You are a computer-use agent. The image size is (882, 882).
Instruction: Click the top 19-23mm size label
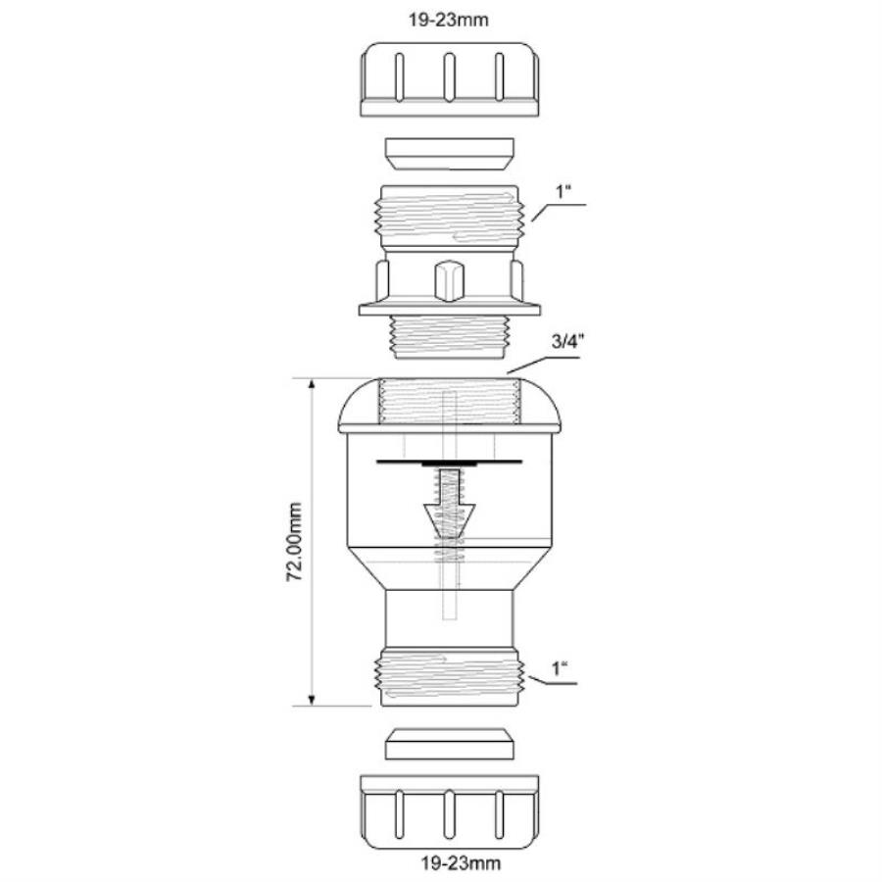pyautogui.click(x=450, y=19)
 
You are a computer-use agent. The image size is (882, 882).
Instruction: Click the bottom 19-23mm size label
pyautogui.click(x=450, y=864)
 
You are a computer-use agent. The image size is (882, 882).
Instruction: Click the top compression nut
pyautogui.click(x=450, y=78)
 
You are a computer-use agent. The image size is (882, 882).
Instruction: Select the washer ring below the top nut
pyautogui.click(x=450, y=152)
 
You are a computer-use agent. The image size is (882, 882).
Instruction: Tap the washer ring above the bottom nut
pyautogui.click(x=450, y=743)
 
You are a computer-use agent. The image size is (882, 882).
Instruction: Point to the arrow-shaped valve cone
pyautogui.click(x=447, y=514)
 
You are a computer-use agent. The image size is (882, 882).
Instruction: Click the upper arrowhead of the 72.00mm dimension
pyautogui.click(x=313, y=384)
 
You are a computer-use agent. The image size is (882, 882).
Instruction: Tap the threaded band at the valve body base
pyautogui.click(x=450, y=676)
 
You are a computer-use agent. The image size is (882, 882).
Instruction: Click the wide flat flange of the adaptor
pyautogui.click(x=450, y=310)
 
